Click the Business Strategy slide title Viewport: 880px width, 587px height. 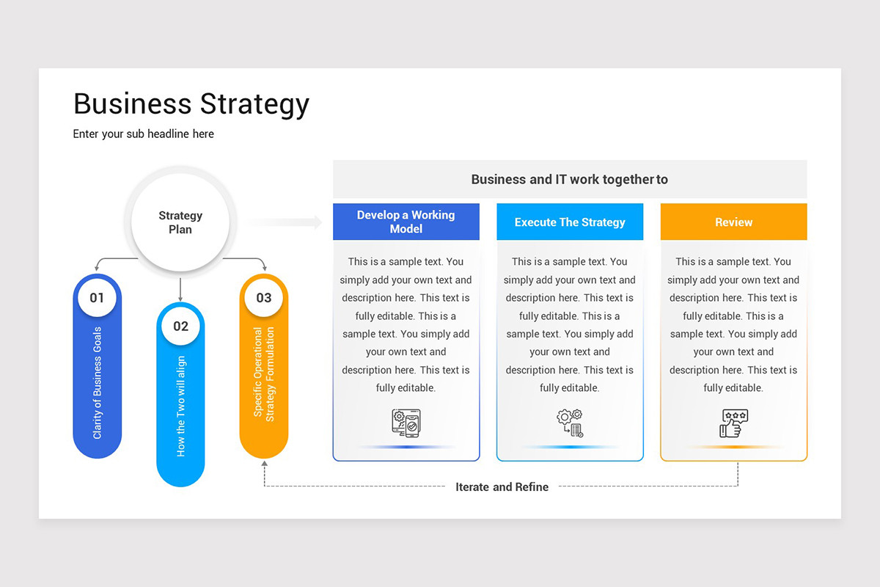(x=191, y=104)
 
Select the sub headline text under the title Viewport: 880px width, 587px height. (x=144, y=134)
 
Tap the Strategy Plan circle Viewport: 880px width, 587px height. (x=180, y=222)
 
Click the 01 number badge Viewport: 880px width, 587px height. (x=98, y=298)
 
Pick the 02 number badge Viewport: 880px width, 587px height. (x=180, y=327)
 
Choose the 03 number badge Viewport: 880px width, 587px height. (x=264, y=298)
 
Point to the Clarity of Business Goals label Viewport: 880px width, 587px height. (x=98, y=383)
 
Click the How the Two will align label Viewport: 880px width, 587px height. (x=181, y=406)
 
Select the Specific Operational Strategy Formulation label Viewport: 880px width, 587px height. (x=264, y=373)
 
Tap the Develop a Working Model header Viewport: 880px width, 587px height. (x=406, y=222)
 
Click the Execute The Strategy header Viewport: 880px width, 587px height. (x=570, y=222)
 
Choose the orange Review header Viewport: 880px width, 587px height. (x=733, y=222)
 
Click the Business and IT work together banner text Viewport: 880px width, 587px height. (x=569, y=179)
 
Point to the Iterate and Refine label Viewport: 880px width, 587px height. (x=502, y=486)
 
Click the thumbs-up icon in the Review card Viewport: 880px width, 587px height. (x=733, y=423)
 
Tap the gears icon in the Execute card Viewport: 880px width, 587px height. (x=570, y=423)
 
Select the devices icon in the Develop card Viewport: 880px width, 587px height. (x=406, y=423)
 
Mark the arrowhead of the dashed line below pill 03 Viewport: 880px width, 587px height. (x=265, y=464)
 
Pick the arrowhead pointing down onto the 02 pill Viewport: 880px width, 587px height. (x=180, y=297)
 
